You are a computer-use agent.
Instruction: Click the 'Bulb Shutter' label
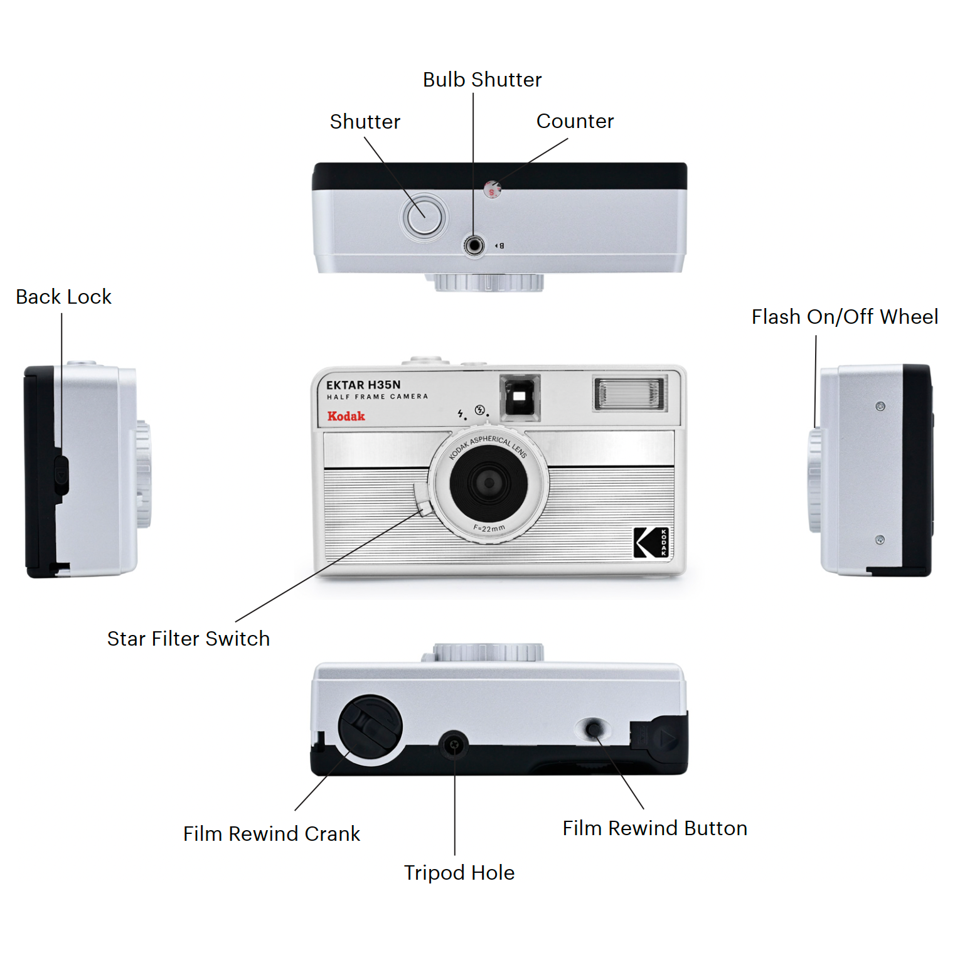click(482, 80)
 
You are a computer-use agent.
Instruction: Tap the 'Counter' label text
click(575, 121)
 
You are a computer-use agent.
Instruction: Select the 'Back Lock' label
click(63, 297)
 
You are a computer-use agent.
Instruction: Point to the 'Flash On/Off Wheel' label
click(845, 317)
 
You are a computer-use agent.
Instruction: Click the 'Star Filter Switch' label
click(188, 639)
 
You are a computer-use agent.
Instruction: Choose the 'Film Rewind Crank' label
click(272, 834)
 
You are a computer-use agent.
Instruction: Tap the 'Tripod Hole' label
click(459, 873)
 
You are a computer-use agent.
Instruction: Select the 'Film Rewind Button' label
click(654, 828)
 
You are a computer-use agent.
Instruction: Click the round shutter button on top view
click(424, 217)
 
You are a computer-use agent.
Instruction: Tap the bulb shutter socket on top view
click(474, 245)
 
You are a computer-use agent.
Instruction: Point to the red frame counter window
click(493, 189)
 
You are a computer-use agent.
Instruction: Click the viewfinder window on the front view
click(520, 397)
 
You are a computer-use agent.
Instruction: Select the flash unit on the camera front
click(630, 393)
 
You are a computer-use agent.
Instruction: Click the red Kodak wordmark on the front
click(346, 416)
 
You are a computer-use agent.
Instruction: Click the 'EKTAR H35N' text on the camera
click(363, 385)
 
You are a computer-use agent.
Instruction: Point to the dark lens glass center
click(488, 483)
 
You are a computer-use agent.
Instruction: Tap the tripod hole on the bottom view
click(454, 745)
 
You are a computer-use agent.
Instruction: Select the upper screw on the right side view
click(880, 407)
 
